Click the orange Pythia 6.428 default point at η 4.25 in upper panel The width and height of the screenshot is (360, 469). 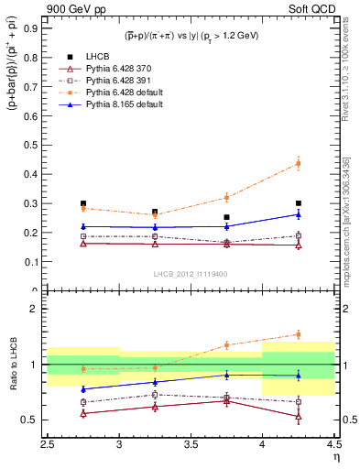pyautogui.click(x=298, y=164)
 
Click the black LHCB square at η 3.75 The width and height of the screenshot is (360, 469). pyautogui.click(x=226, y=217)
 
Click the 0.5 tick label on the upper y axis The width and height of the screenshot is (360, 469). pyautogui.click(x=33, y=145)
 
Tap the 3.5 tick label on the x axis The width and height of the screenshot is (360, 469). pyautogui.click(x=191, y=444)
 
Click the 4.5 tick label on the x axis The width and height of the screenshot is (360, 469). pyautogui.click(x=333, y=444)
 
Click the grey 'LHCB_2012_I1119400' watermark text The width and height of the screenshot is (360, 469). pyautogui.click(x=191, y=273)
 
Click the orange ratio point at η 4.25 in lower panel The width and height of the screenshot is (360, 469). pyautogui.click(x=298, y=334)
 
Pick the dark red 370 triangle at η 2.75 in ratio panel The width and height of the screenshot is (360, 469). pyautogui.click(x=83, y=413)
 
